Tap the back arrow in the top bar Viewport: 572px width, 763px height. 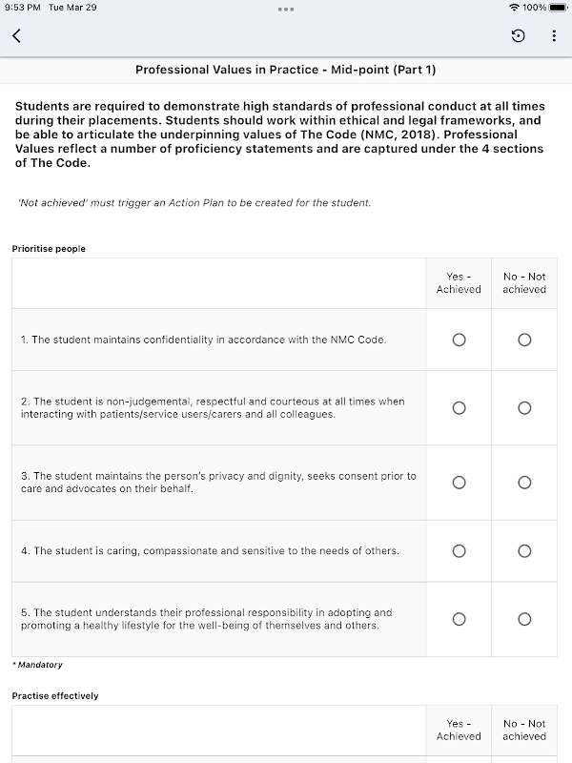point(16,36)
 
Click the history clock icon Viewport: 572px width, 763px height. point(518,36)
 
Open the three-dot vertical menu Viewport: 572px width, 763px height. point(554,36)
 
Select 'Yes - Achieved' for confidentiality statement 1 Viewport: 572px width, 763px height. point(459,340)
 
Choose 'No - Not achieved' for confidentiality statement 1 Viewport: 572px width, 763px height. point(524,340)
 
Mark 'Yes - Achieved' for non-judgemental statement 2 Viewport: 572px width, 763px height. point(459,408)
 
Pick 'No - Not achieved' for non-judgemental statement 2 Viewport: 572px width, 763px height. point(524,408)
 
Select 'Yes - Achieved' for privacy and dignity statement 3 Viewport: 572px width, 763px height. point(459,483)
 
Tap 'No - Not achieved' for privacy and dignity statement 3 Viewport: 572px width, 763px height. point(524,483)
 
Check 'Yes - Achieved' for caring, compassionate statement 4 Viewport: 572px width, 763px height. point(459,551)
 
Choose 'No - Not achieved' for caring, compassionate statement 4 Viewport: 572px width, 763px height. point(524,551)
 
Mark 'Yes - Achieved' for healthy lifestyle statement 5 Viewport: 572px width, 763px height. point(459,620)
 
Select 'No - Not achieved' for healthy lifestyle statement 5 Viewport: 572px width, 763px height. point(524,620)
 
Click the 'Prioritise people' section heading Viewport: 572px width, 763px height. point(49,249)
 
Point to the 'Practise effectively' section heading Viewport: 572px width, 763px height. point(55,696)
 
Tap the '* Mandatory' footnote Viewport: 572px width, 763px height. point(37,665)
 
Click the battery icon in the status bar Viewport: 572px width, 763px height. point(558,8)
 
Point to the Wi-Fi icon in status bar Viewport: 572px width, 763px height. point(515,8)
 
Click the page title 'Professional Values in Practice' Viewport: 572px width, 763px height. point(286,70)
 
